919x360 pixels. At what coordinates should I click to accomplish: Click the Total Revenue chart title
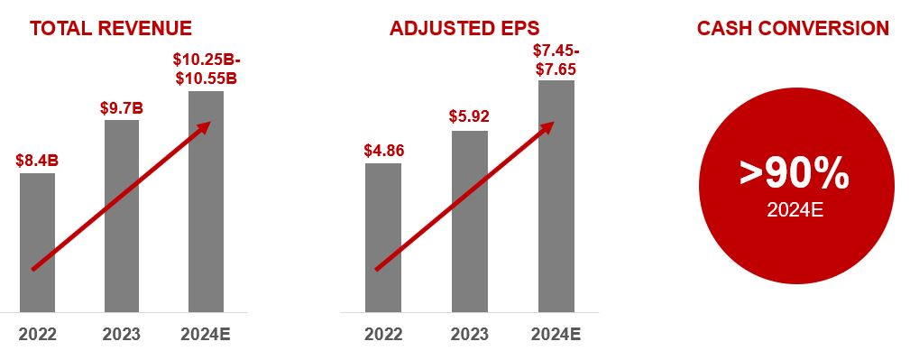coord(111,28)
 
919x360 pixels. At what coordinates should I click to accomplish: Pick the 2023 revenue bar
coord(122,216)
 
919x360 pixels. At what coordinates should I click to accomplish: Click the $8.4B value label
coord(37,162)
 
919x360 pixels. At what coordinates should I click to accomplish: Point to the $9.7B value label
coord(122,108)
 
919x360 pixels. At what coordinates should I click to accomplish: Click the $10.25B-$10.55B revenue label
coord(206,69)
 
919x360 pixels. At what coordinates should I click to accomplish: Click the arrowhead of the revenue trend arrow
coord(205,125)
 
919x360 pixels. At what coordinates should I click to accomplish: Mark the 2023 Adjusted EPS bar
coord(469,221)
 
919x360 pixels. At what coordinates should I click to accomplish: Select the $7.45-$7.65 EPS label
coord(556,60)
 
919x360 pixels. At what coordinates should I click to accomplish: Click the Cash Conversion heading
coord(793,28)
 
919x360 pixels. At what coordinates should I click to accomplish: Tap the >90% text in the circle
coord(794,174)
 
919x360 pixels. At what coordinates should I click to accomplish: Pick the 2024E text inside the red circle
coord(794,210)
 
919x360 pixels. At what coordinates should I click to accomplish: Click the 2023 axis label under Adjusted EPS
coord(469,335)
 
